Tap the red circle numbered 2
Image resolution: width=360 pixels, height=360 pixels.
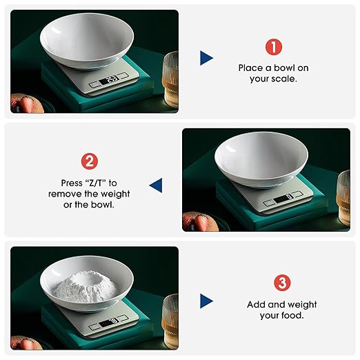[x=90, y=162]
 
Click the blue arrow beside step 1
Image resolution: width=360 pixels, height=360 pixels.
[x=206, y=58]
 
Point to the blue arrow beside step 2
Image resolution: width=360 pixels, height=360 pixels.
[x=156, y=184]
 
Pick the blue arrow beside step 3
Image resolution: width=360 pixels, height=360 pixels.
[x=206, y=301]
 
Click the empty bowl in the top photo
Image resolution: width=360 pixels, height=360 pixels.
[x=86, y=42]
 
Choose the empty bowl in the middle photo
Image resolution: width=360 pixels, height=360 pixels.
[x=261, y=161]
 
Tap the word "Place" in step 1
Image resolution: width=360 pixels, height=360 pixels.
[x=252, y=68]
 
